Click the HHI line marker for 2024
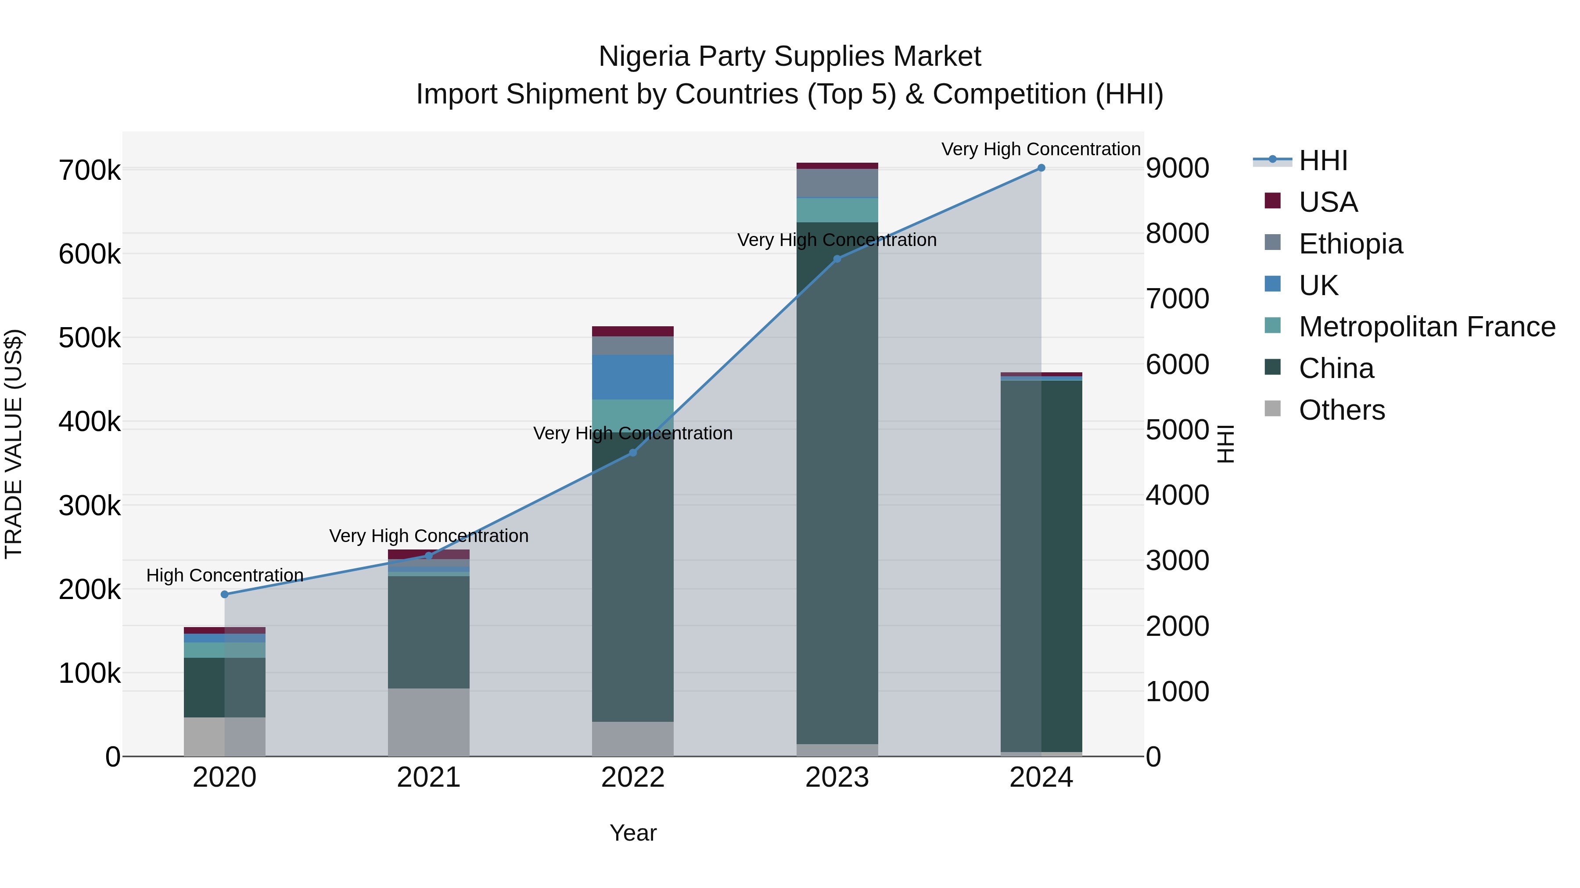(1041, 168)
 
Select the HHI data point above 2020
(224, 595)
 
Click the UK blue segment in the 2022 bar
(632, 377)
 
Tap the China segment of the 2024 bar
(1041, 564)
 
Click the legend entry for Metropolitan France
(1426, 327)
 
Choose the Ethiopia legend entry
(1350, 244)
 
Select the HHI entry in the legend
(1323, 160)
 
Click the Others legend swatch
(1273, 409)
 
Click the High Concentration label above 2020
(224, 575)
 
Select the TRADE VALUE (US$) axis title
(14, 444)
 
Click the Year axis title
(633, 833)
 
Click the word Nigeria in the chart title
(643, 57)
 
